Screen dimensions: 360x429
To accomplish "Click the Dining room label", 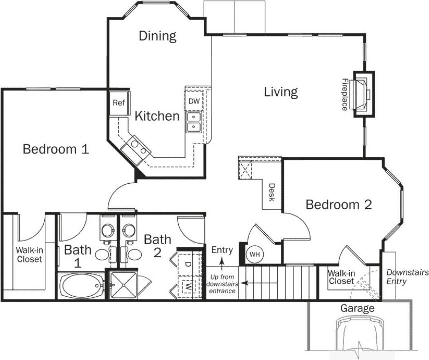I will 157,36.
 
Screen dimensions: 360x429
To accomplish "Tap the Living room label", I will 281,92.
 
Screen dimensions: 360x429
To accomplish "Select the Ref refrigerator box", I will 118,103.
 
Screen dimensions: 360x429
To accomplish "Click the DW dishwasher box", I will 194,101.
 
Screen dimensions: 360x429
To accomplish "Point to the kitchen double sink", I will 194,122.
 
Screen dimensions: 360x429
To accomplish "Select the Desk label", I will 271,191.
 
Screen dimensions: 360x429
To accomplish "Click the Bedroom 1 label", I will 56,149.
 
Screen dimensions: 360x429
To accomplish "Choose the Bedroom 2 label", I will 339,204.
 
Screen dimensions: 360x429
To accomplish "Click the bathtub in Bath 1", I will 81,286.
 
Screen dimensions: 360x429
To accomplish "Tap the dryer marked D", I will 188,263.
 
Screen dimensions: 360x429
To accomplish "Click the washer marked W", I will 187,288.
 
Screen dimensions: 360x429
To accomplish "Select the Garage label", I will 357,308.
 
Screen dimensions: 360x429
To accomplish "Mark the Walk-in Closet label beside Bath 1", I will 29,255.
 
